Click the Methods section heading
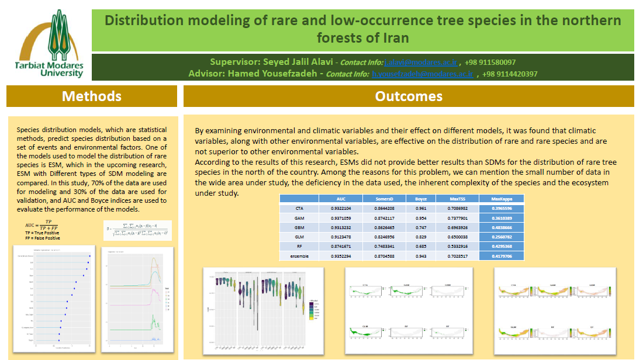pyautogui.click(x=92, y=96)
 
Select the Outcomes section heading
pyautogui.click(x=409, y=96)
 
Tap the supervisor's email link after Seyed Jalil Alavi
pyautogui.click(x=420, y=63)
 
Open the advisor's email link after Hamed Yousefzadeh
pyautogui.click(x=422, y=74)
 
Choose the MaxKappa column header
pyautogui.click(x=501, y=199)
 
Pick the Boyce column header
pyautogui.click(x=421, y=199)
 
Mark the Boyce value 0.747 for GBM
pyautogui.click(x=421, y=227)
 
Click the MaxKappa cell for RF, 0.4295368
pyautogui.click(x=501, y=247)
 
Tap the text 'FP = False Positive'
pyautogui.click(x=39, y=238)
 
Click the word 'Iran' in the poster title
pyautogui.click(x=395, y=39)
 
